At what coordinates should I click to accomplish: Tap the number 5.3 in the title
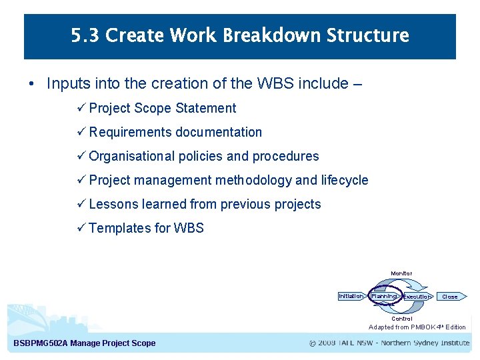click(85, 35)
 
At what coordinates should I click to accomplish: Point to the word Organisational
click(131, 156)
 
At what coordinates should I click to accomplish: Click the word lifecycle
click(344, 180)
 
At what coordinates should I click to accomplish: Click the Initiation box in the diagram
click(351, 296)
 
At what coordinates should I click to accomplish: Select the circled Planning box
click(384, 296)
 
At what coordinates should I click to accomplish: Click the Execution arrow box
click(417, 297)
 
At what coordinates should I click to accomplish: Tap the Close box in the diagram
click(451, 297)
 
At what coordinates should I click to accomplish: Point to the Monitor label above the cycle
click(401, 273)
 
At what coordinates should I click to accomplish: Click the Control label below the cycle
click(401, 319)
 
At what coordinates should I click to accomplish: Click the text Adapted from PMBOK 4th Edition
click(417, 327)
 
